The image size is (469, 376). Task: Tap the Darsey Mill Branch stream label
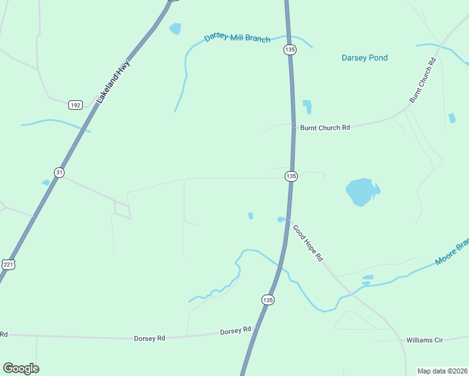click(x=237, y=38)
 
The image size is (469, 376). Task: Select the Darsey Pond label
click(x=364, y=58)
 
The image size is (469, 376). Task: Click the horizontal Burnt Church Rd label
click(x=324, y=127)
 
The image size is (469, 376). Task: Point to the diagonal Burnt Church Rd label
click(x=422, y=81)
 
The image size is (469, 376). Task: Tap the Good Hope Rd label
click(x=308, y=243)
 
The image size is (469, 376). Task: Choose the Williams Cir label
click(x=424, y=340)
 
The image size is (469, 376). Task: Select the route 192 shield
click(x=75, y=105)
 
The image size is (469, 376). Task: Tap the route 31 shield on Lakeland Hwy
click(x=59, y=172)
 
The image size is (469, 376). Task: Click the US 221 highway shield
click(x=8, y=264)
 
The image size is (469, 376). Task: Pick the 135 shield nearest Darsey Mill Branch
click(x=289, y=49)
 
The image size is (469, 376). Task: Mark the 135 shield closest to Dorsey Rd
click(x=268, y=300)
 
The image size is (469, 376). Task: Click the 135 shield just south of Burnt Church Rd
click(x=291, y=177)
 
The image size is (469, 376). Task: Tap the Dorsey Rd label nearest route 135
click(x=235, y=330)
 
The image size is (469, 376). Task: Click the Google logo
click(x=21, y=368)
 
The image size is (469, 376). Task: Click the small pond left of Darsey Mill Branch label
click(x=175, y=28)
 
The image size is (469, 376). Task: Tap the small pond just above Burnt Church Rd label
click(x=307, y=107)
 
